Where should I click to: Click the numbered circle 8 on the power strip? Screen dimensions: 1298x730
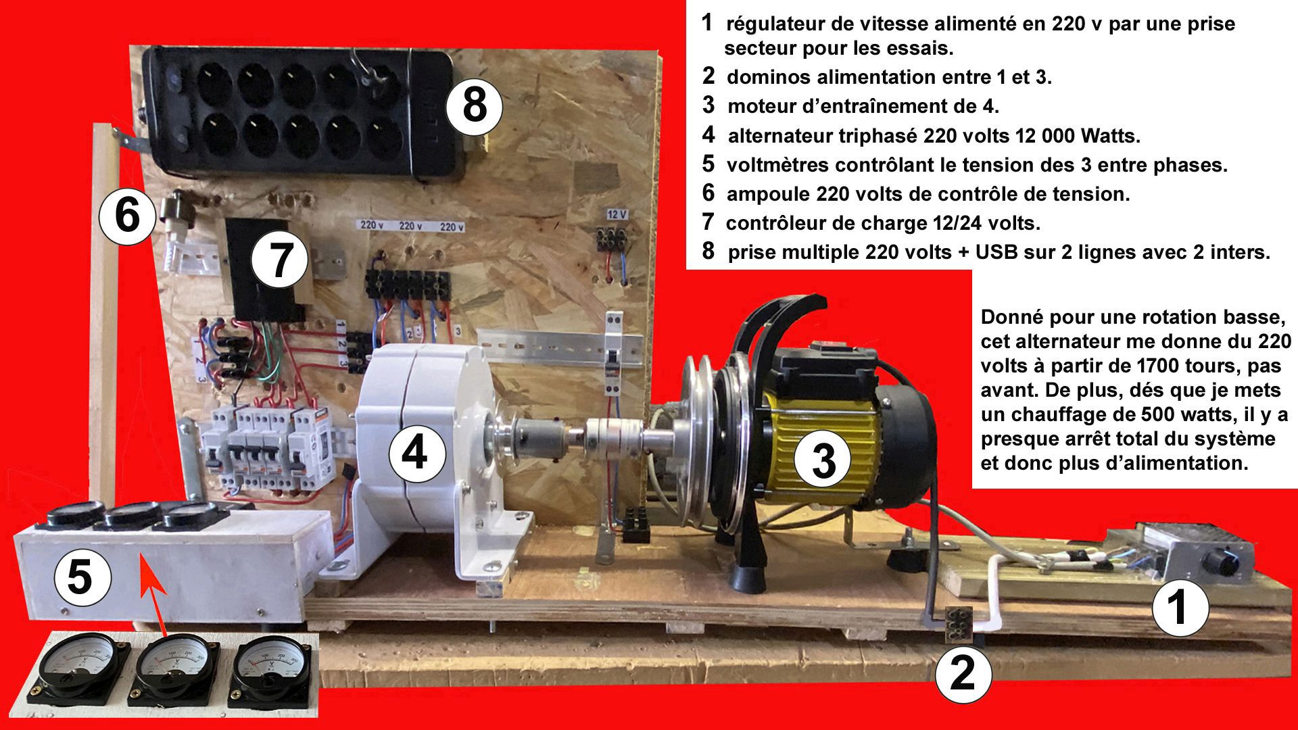point(475,106)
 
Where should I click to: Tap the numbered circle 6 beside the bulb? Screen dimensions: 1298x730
point(127,217)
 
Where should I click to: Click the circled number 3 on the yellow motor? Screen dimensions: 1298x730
point(823,462)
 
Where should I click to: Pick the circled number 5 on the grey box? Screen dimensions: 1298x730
point(80,579)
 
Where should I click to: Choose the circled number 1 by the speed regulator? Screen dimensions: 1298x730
point(1179,607)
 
